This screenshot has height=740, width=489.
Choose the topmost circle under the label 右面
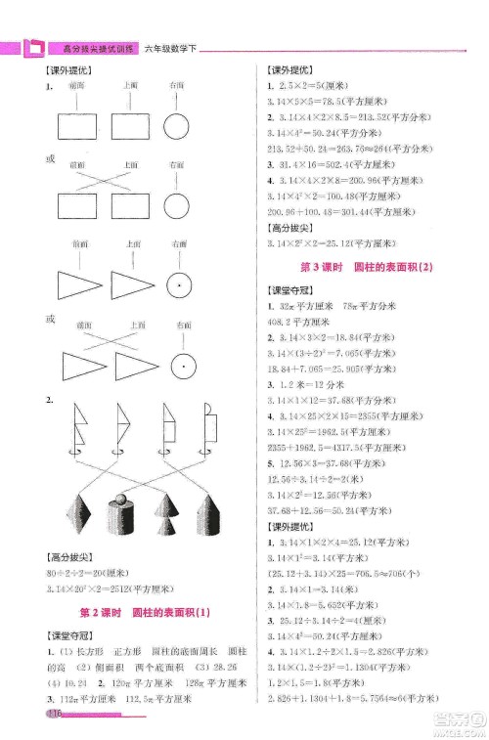(x=177, y=127)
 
